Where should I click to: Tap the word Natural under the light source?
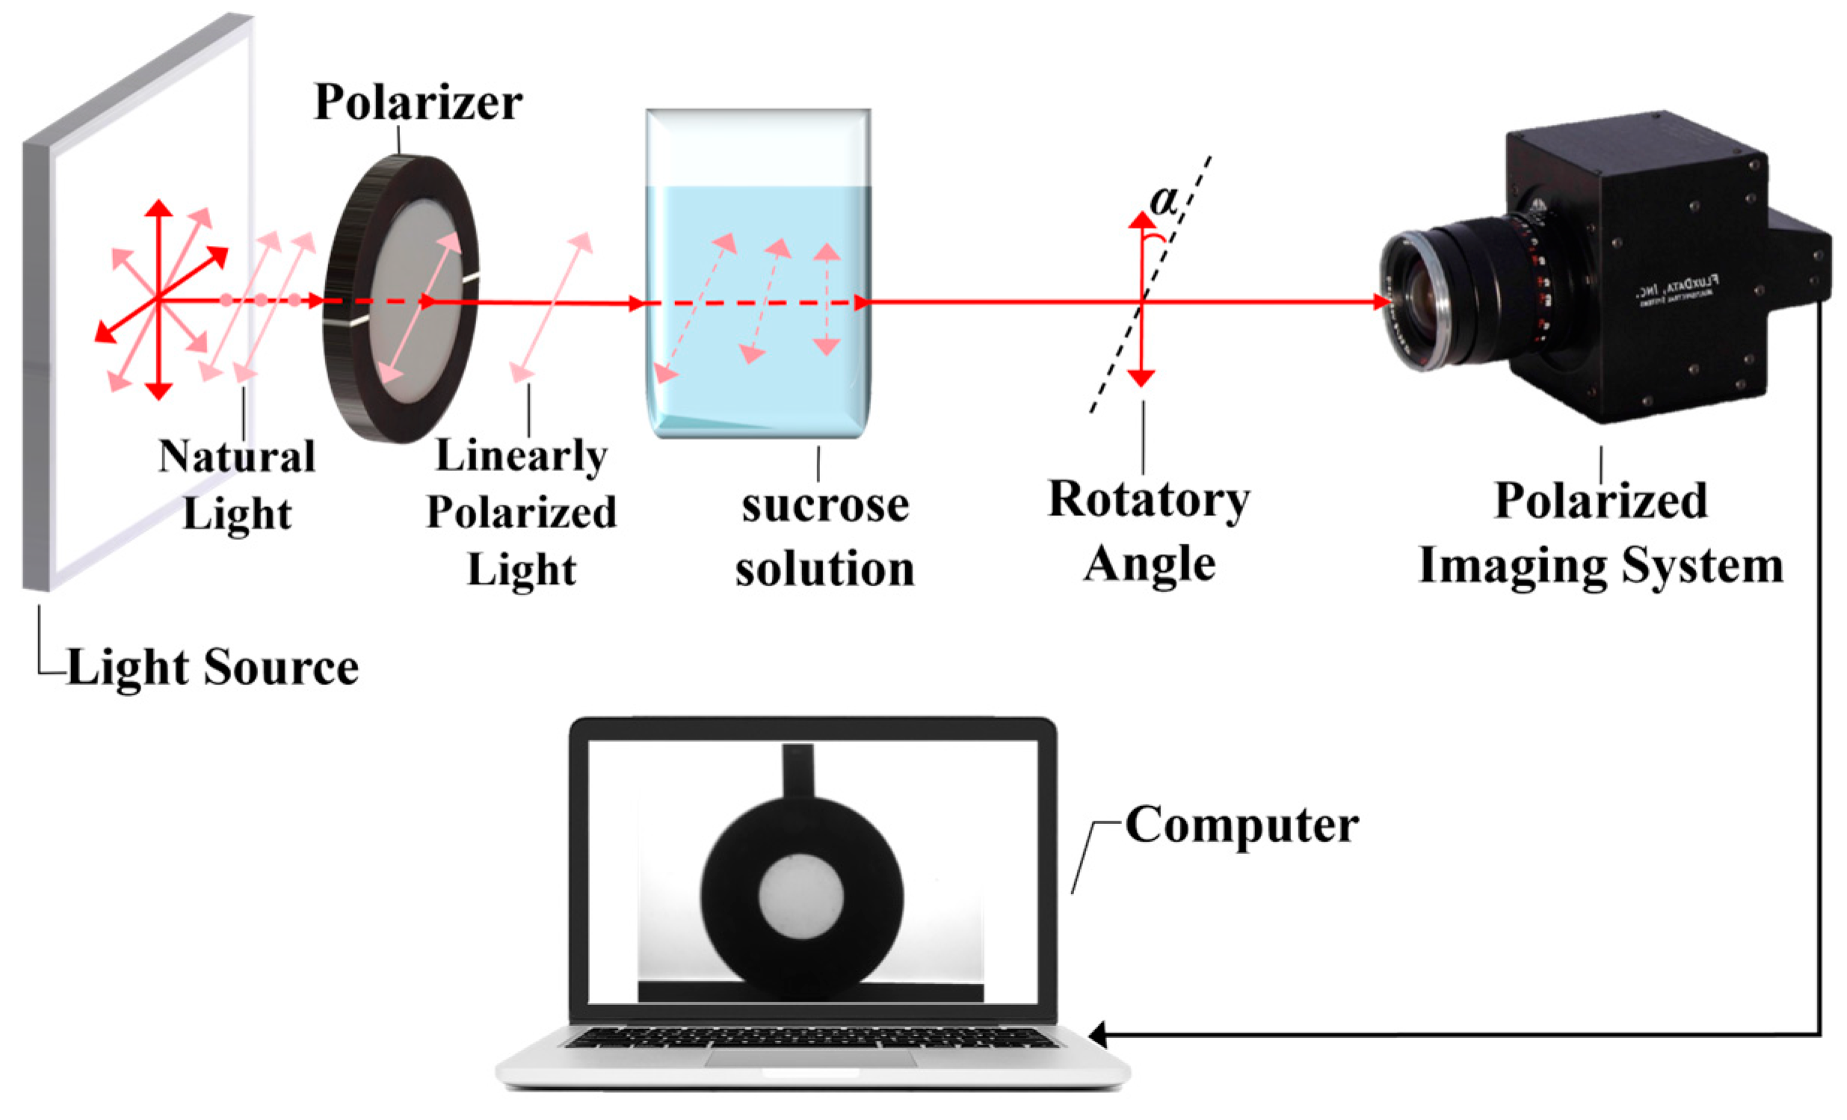click(x=237, y=457)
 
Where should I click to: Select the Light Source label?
click(x=213, y=666)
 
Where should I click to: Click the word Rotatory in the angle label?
click(x=1148, y=499)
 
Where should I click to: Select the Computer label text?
click(x=1242, y=825)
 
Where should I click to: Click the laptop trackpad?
click(x=810, y=1058)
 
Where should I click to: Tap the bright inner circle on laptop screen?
click(x=801, y=896)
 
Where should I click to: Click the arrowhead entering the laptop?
click(x=1097, y=1036)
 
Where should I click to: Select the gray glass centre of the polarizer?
click(x=417, y=300)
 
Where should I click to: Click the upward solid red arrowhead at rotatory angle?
click(x=1141, y=220)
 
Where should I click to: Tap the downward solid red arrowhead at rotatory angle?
click(x=1141, y=378)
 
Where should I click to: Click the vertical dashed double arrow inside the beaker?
click(x=827, y=300)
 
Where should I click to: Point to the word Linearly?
click(x=521, y=456)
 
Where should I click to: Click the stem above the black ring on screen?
click(x=798, y=771)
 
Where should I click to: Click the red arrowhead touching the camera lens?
click(x=1381, y=302)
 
